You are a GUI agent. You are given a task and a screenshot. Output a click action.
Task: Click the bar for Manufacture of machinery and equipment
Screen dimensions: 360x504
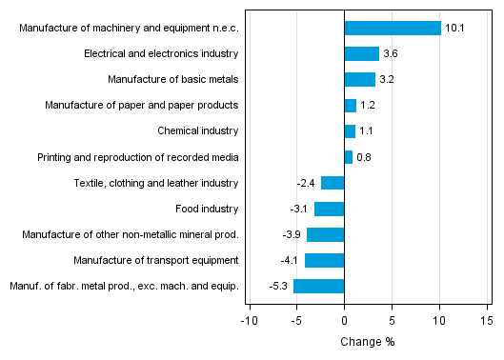tap(392, 29)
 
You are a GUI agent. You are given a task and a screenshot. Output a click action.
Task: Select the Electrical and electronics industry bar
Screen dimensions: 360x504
tap(361, 54)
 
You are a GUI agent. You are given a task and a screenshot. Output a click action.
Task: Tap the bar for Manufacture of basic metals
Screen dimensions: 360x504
tap(359, 80)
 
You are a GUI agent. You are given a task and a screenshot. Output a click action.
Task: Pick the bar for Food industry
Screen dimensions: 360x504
tap(329, 209)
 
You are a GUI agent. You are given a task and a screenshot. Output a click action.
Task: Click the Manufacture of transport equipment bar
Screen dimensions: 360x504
tap(324, 260)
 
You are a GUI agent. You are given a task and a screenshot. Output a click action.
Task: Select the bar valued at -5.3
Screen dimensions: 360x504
tap(318, 286)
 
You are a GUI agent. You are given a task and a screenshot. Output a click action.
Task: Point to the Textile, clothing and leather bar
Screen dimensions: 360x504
tap(333, 183)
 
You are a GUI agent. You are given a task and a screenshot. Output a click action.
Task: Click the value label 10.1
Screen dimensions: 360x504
tap(454, 29)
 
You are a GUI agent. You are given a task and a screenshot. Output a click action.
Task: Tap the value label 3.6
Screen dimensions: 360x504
tap(391, 54)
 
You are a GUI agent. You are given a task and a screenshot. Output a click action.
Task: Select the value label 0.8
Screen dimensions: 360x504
tap(364, 157)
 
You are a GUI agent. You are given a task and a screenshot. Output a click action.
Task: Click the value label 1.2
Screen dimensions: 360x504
tap(368, 106)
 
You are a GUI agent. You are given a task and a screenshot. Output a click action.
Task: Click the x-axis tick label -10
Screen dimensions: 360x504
tap(249, 321)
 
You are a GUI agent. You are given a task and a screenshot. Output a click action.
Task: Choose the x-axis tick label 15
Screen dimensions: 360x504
tap(486, 321)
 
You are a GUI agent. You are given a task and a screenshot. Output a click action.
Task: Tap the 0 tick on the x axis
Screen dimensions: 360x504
tap(344, 321)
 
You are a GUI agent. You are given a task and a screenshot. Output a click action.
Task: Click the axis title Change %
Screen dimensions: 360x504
tap(367, 342)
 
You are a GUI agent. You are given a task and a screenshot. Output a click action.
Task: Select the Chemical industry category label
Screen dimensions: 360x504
tap(197, 131)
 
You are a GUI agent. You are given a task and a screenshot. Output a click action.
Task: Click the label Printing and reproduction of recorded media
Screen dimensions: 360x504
tap(138, 157)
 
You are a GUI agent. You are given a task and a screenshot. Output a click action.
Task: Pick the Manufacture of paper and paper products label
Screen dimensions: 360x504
tap(142, 106)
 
